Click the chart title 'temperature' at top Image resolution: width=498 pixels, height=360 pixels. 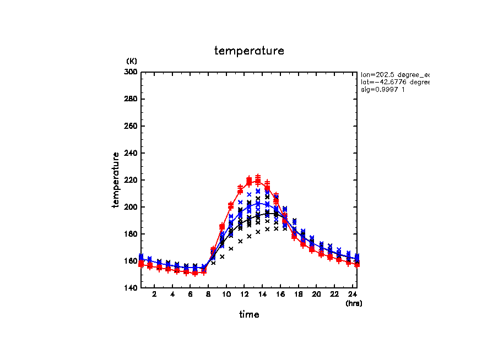(x=249, y=51)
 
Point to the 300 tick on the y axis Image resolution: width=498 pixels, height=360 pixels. (x=132, y=72)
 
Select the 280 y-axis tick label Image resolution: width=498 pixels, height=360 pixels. (x=132, y=99)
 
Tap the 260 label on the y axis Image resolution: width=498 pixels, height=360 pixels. (x=132, y=126)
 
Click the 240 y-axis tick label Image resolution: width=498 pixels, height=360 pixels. (x=132, y=153)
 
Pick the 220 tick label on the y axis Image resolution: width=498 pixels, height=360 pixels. (x=132, y=180)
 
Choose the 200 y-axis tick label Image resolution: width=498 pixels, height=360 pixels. (x=132, y=207)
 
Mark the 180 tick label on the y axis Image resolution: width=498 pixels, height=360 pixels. (x=132, y=234)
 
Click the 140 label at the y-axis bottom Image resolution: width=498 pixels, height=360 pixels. (x=132, y=288)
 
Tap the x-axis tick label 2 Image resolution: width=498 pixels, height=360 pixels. (x=154, y=294)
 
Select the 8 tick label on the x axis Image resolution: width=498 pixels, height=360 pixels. (x=208, y=294)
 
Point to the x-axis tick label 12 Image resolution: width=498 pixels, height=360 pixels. (x=244, y=294)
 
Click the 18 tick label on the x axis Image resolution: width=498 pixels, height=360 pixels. (x=298, y=294)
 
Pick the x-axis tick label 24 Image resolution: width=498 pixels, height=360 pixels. (x=352, y=294)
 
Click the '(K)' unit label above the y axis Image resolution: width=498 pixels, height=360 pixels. (x=132, y=61)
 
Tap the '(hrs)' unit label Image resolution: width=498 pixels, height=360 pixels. (x=354, y=303)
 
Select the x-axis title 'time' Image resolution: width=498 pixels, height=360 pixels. (x=249, y=314)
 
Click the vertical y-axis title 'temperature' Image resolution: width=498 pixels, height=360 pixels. (x=116, y=180)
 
